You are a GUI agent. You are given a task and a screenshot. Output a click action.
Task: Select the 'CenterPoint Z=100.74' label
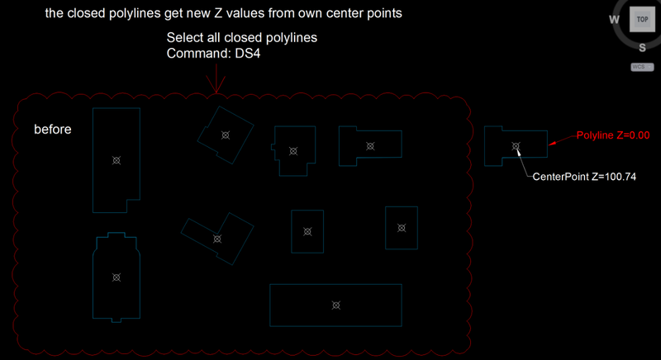click(x=583, y=177)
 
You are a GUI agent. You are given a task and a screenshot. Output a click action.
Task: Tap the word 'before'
click(x=53, y=130)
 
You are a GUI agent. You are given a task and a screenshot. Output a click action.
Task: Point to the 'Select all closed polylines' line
click(x=242, y=38)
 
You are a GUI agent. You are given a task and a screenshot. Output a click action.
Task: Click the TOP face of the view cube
click(x=642, y=19)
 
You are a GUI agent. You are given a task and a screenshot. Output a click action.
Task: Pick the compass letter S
click(x=641, y=46)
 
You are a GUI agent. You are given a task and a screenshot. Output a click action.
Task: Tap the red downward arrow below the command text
click(x=216, y=80)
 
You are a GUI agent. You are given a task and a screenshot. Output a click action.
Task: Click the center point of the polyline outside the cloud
click(x=516, y=146)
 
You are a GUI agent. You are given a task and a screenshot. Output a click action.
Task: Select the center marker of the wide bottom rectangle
click(x=335, y=306)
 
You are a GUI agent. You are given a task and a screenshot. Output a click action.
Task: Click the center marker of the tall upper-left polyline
click(x=117, y=160)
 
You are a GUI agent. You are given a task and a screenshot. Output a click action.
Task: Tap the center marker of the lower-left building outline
click(x=117, y=277)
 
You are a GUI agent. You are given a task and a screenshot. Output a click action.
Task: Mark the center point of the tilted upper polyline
click(x=224, y=135)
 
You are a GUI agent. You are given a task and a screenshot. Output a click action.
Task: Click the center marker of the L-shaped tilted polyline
click(x=217, y=239)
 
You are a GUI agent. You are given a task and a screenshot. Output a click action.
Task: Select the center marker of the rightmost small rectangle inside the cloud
click(x=402, y=228)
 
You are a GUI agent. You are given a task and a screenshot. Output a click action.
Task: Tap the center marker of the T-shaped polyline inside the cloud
click(x=370, y=145)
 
